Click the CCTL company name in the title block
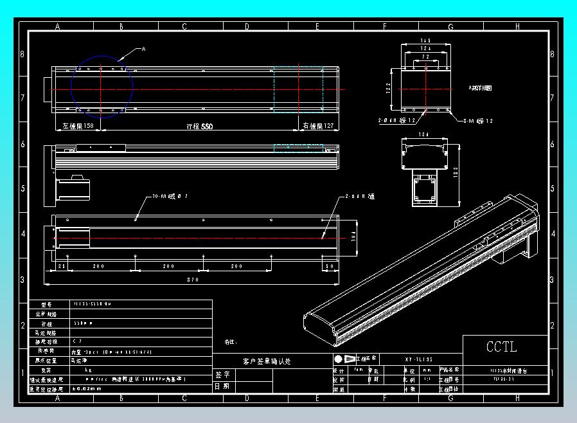[x=501, y=347]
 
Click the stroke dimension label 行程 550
[x=199, y=127]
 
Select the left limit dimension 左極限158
[x=78, y=127]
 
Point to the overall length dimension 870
[x=193, y=280]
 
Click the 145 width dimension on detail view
[x=425, y=41]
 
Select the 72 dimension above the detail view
[x=425, y=57]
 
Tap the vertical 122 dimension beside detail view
[x=389, y=88]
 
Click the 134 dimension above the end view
[x=423, y=135]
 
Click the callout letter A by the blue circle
[x=143, y=49]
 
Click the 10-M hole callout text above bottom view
[x=169, y=195]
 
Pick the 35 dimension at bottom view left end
[x=62, y=265]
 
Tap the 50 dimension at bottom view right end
[x=330, y=265]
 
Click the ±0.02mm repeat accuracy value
[x=87, y=388]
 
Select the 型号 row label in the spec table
[x=45, y=305]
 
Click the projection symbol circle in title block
[x=339, y=359]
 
